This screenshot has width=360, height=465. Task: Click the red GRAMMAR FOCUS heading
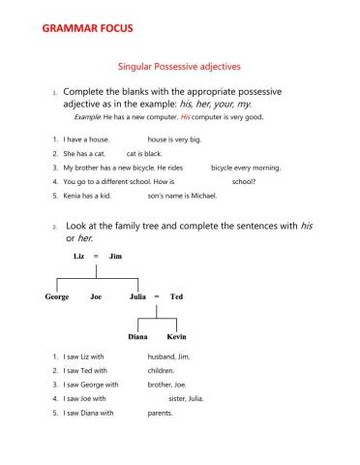[x=88, y=30]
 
